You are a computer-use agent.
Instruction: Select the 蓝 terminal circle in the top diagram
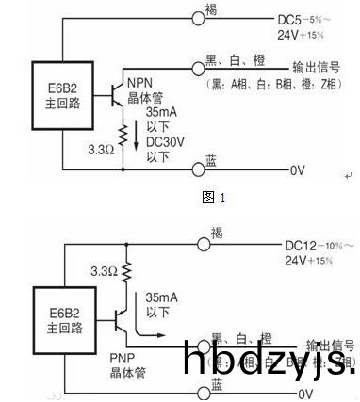(x=198, y=170)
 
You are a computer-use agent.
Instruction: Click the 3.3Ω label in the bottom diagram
(x=102, y=271)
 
